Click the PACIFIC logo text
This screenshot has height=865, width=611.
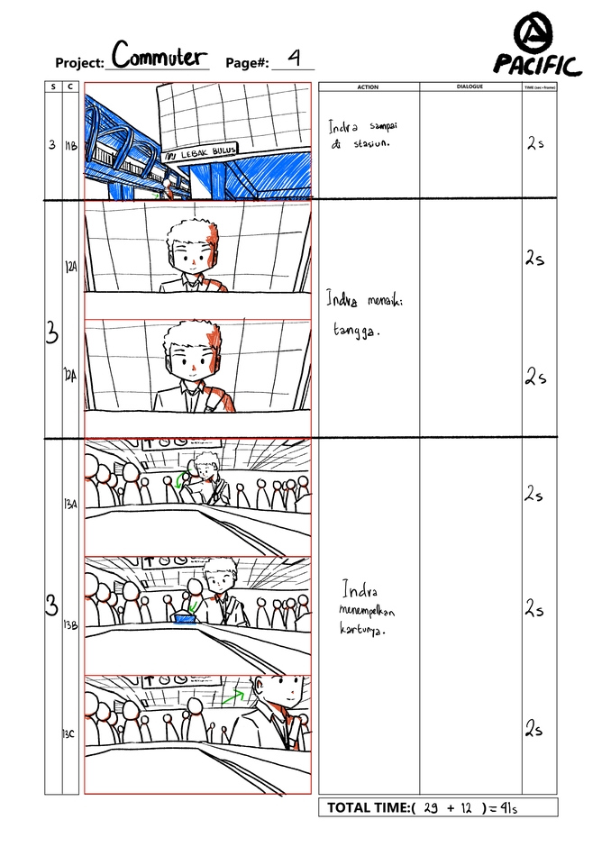point(537,66)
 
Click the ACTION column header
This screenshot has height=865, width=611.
point(368,87)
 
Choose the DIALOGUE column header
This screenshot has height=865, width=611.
point(470,87)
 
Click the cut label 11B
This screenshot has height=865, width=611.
point(71,144)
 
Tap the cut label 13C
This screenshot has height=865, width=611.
point(69,734)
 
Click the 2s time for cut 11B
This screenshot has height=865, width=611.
point(535,144)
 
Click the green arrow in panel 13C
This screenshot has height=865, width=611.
point(233,696)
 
